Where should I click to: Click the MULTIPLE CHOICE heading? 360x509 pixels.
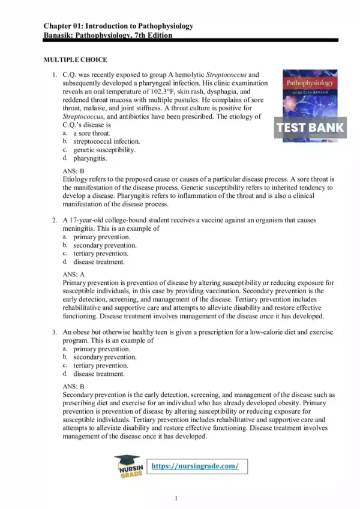(x=75, y=60)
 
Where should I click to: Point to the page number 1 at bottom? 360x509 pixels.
(x=176, y=498)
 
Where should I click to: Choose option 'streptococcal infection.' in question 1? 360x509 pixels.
(x=106, y=141)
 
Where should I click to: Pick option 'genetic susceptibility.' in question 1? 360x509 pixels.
(x=104, y=150)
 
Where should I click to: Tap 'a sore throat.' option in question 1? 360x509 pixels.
(x=92, y=133)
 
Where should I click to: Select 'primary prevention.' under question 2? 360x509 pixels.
(x=100, y=237)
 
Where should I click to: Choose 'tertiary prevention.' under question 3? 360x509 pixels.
(x=100, y=365)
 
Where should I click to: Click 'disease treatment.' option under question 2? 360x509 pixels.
(x=99, y=262)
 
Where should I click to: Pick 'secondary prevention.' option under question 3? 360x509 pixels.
(x=104, y=357)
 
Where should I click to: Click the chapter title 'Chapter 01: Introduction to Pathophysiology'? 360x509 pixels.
(x=118, y=26)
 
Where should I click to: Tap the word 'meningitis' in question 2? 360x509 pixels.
(x=80, y=228)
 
